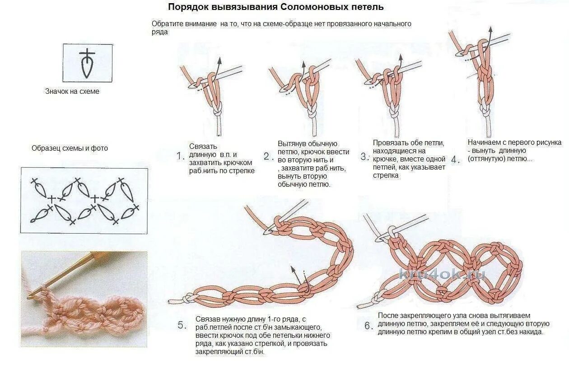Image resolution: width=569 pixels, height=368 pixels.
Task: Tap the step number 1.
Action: coord(180,156)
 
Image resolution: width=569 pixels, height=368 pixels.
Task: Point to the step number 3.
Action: coord(365,157)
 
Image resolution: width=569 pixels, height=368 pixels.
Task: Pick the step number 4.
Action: coord(456,160)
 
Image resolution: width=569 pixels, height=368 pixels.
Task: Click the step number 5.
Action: coord(182,325)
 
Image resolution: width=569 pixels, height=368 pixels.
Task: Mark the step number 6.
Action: coord(369,326)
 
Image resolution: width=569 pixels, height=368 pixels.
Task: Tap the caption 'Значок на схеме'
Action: coord(72,91)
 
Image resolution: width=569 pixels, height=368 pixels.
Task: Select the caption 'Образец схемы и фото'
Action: coord(70,148)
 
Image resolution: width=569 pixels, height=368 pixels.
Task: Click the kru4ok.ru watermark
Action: coord(442,274)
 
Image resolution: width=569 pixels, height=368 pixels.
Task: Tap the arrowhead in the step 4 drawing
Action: coord(490,29)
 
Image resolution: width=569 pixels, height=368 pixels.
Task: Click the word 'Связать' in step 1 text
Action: coord(203,146)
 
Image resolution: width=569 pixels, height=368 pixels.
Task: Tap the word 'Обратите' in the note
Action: coord(168,24)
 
